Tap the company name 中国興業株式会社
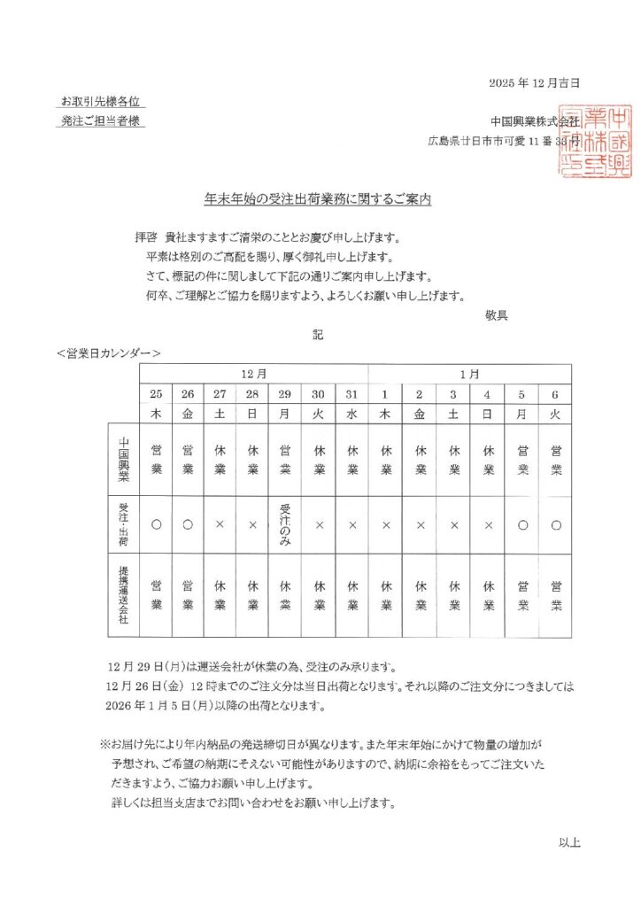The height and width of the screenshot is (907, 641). tap(535, 120)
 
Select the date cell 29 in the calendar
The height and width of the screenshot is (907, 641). tap(285, 394)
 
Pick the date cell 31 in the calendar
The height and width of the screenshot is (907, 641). tap(351, 394)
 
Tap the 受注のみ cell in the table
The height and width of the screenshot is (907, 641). tap(285, 524)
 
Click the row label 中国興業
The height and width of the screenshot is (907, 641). tap(124, 460)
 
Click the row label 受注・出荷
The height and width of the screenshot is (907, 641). tap(124, 524)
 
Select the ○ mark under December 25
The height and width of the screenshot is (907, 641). tap(156, 524)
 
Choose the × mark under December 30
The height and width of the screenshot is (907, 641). tap(319, 524)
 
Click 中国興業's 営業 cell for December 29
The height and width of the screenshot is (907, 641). tap(285, 460)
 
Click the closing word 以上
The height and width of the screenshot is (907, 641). tap(569, 841)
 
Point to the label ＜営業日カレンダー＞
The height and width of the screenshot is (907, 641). tap(108, 353)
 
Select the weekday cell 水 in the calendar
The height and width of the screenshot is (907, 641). tap(351, 413)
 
